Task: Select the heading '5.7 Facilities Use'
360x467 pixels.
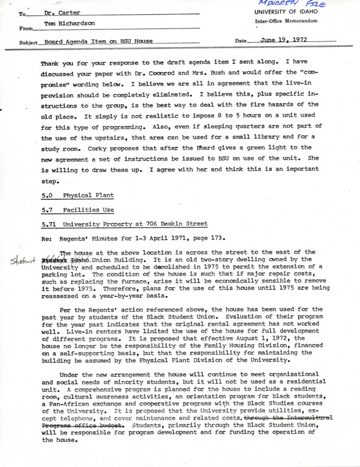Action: [75, 209]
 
